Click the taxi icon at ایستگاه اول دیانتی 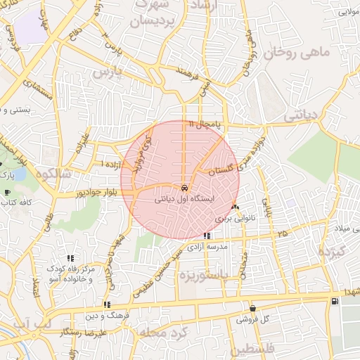click(184, 188)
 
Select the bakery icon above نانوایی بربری click(235, 207)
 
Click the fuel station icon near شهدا click(333, 302)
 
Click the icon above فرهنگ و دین click(107, 304)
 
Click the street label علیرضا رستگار click(82, 330)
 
